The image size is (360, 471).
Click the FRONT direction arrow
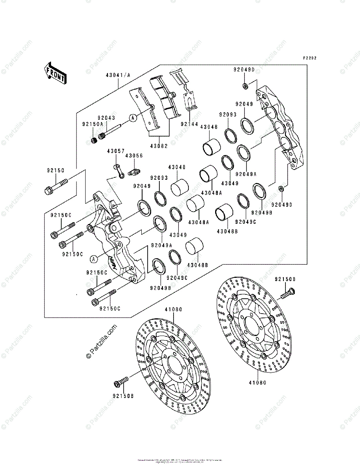[55, 73]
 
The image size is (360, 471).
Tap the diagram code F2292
[310, 58]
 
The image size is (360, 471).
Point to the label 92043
[106, 118]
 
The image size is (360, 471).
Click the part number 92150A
[92, 124]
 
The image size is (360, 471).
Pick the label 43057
[117, 151]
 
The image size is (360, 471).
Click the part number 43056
[134, 156]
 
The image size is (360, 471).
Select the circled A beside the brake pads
[133, 117]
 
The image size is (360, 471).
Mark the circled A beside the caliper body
[93, 259]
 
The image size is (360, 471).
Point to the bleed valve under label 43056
[134, 171]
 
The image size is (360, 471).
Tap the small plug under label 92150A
[94, 140]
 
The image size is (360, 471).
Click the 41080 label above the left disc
[173, 309]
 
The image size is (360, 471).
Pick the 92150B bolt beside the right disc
[287, 292]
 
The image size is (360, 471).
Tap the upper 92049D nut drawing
[245, 86]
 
